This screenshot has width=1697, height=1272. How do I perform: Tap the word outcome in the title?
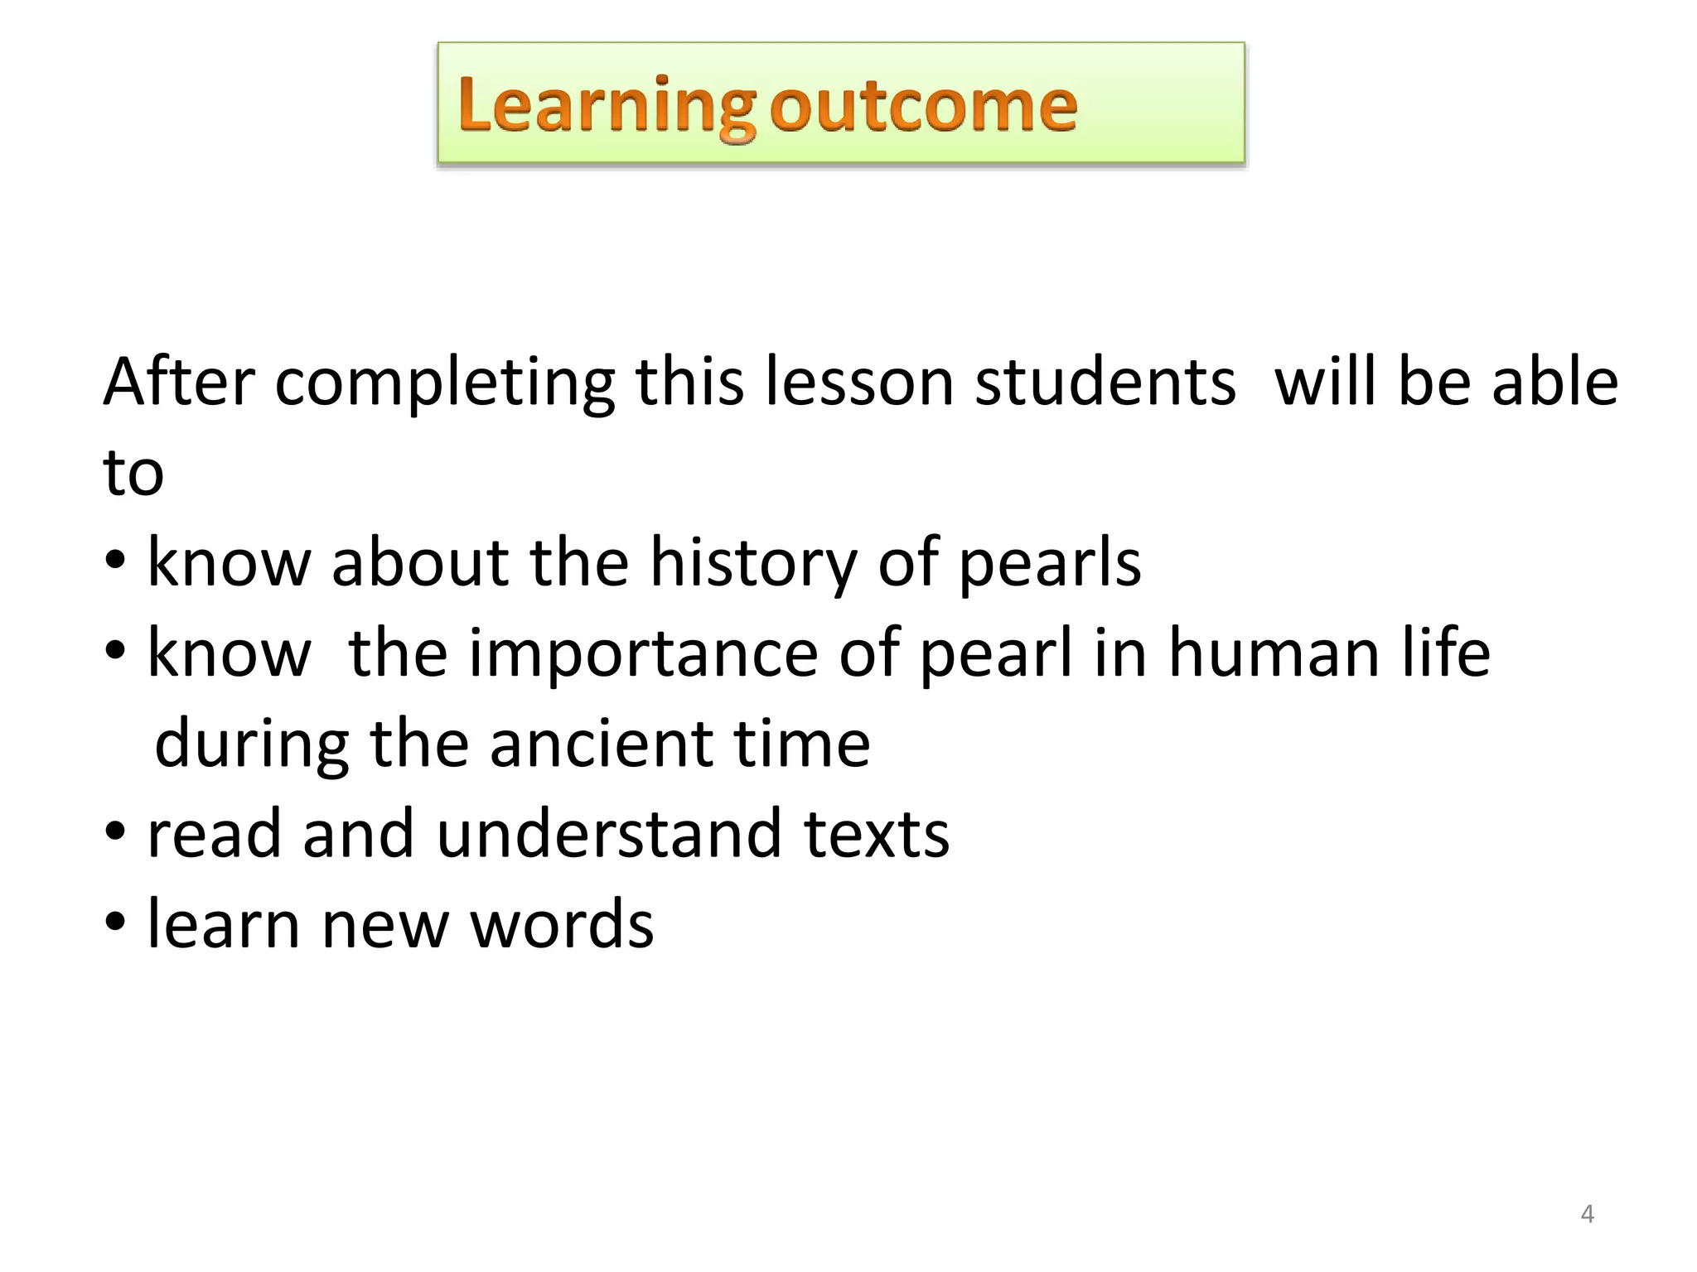pos(923,106)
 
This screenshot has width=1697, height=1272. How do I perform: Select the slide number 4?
pos(1587,1214)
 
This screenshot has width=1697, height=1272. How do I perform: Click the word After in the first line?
pos(178,382)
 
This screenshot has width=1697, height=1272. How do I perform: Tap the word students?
pos(1105,382)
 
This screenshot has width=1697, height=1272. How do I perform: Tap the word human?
pos(1274,654)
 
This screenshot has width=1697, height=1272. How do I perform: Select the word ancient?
pos(600,743)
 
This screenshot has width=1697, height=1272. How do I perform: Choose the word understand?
pos(609,833)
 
